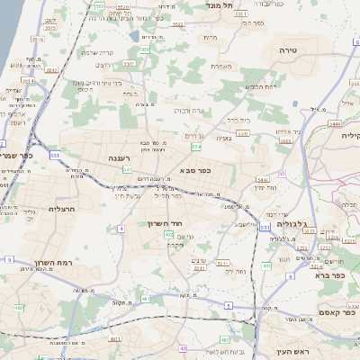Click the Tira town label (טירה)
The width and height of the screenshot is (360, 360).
point(288,49)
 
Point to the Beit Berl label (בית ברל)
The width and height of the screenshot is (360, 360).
point(238,118)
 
